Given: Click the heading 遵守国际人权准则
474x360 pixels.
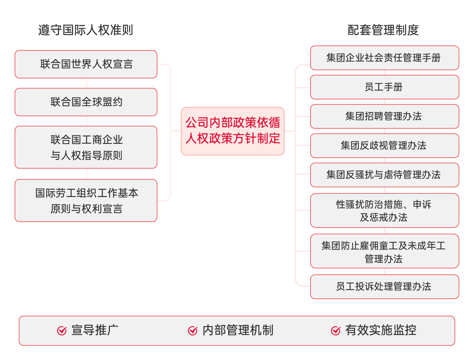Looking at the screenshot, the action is [x=86, y=30].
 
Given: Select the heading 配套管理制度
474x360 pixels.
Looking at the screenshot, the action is [x=383, y=30].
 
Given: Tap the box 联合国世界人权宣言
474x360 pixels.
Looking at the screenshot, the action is [x=86, y=64].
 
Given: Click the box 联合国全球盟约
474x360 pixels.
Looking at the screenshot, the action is [x=86, y=102].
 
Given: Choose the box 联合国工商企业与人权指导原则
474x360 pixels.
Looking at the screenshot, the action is [x=86, y=147].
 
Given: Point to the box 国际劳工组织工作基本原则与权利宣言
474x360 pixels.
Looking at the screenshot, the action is [x=86, y=200].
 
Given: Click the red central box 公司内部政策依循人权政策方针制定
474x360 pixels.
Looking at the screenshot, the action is [x=233, y=131].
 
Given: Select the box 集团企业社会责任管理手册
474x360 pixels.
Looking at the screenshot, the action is [x=385, y=58].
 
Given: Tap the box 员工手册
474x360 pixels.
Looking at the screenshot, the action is [x=385, y=87].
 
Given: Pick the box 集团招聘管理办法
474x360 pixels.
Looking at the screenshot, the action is [x=385, y=116].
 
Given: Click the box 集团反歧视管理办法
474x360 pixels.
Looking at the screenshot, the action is [x=385, y=146].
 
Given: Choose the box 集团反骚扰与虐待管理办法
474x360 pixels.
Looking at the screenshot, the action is [x=385, y=175].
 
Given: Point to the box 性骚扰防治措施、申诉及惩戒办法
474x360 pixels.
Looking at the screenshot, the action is [x=385, y=211].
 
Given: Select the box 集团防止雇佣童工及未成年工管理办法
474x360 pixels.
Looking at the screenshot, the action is [x=385, y=251].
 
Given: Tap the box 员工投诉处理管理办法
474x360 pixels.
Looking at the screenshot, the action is [x=385, y=287].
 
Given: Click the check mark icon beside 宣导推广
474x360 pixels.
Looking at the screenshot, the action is [x=62, y=331].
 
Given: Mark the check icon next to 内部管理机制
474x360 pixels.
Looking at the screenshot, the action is [x=193, y=331].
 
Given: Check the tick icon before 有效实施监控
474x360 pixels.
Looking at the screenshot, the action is [x=336, y=331].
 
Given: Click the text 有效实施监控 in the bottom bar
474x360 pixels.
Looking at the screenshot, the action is [x=381, y=330].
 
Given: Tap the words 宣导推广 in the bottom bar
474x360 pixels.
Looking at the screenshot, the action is [x=95, y=330].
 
